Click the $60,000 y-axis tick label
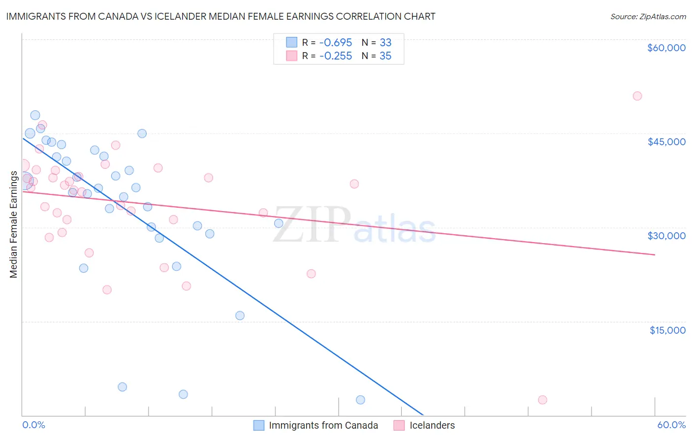[x=666, y=48]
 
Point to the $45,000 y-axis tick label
[x=666, y=142]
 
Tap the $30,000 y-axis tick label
[x=666, y=236]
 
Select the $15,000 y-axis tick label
[x=667, y=330]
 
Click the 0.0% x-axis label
[x=33, y=425]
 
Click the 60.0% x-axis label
[x=671, y=425]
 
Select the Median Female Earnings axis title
[x=14, y=224]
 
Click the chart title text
[x=220, y=16]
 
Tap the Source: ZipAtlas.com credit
[x=648, y=17]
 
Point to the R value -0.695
[x=335, y=43]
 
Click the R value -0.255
[x=335, y=56]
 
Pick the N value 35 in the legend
[x=385, y=56]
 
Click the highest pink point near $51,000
[x=637, y=96]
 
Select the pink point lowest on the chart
[x=542, y=400]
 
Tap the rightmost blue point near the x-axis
[x=360, y=400]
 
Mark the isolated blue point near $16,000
[x=240, y=315]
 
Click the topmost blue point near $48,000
[x=35, y=115]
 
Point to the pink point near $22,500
[x=311, y=274]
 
